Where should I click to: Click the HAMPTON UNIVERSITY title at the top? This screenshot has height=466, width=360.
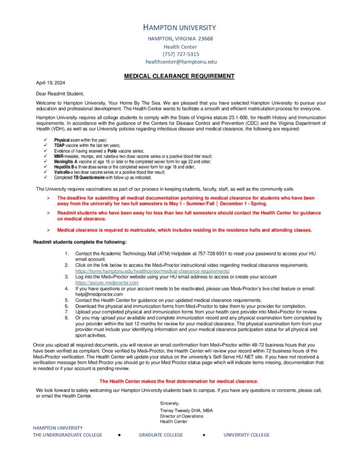(x=179, y=27)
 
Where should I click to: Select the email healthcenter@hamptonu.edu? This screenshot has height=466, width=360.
(x=181, y=61)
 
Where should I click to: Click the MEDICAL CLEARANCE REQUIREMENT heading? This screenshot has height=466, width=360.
(x=179, y=76)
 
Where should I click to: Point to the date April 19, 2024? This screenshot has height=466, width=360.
(x=51, y=83)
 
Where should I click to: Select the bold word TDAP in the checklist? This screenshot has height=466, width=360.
(x=60, y=145)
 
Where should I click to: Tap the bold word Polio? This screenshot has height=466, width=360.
(x=112, y=150)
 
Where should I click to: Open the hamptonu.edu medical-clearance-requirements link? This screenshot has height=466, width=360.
(x=152, y=271)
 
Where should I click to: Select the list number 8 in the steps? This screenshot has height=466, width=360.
(x=66, y=318)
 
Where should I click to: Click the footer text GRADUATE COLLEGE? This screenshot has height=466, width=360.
(x=161, y=435)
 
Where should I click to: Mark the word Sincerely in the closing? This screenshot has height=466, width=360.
(x=169, y=403)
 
